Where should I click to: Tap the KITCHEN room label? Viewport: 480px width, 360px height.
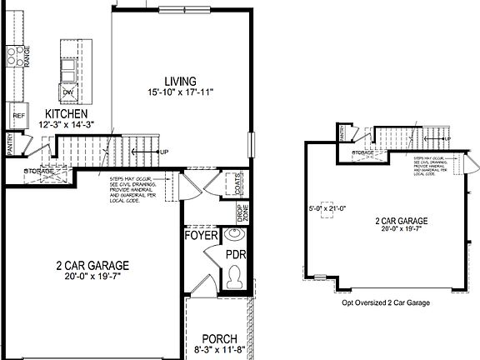click(x=68, y=113)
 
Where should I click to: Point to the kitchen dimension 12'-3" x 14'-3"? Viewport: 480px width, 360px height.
click(x=68, y=124)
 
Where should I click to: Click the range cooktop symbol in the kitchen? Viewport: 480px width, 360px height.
click(x=15, y=56)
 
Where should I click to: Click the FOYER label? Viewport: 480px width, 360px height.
click(x=200, y=236)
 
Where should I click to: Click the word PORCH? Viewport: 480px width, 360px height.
click(x=219, y=339)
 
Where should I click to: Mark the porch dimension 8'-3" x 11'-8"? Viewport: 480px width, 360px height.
click(x=219, y=350)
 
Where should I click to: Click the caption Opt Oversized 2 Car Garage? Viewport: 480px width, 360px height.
click(x=386, y=303)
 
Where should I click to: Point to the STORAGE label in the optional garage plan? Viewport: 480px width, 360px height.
click(x=362, y=153)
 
